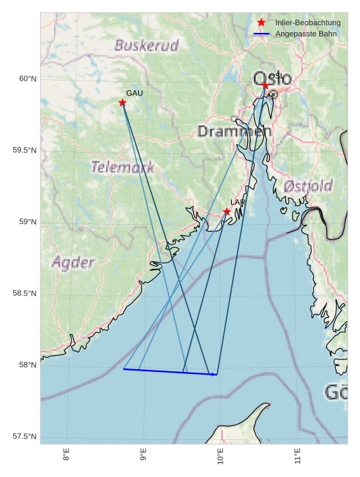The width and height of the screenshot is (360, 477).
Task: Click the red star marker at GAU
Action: pyautogui.click(x=123, y=103)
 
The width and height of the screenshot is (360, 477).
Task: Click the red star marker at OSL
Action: pyautogui.click(x=265, y=85)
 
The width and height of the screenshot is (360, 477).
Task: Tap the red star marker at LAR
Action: pyautogui.click(x=227, y=212)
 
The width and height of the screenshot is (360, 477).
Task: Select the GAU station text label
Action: pyautogui.click(x=134, y=93)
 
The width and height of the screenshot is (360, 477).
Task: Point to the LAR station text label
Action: pyautogui.click(x=238, y=202)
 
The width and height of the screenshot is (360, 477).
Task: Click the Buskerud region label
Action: pyautogui.click(x=146, y=46)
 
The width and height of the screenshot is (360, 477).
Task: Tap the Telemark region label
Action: pyautogui.click(x=123, y=167)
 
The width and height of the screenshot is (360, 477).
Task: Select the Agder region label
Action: pyautogui.click(x=73, y=263)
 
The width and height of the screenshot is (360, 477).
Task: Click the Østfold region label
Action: pyautogui.click(x=308, y=186)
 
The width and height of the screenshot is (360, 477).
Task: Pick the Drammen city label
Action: pyautogui.click(x=234, y=131)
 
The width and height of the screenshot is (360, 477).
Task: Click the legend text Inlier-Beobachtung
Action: pyautogui.click(x=307, y=23)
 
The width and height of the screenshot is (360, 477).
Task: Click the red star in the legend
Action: pyautogui.click(x=261, y=22)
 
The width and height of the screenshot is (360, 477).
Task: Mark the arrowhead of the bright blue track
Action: pyautogui.click(x=215, y=375)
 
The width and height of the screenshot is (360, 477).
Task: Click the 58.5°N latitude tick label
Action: pyautogui.click(x=25, y=293)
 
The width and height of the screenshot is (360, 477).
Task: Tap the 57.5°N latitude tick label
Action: pyautogui.click(x=25, y=437)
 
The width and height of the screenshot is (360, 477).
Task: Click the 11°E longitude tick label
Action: pyautogui.click(x=298, y=457)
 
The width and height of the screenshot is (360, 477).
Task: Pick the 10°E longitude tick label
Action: pyautogui.click(x=221, y=457)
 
